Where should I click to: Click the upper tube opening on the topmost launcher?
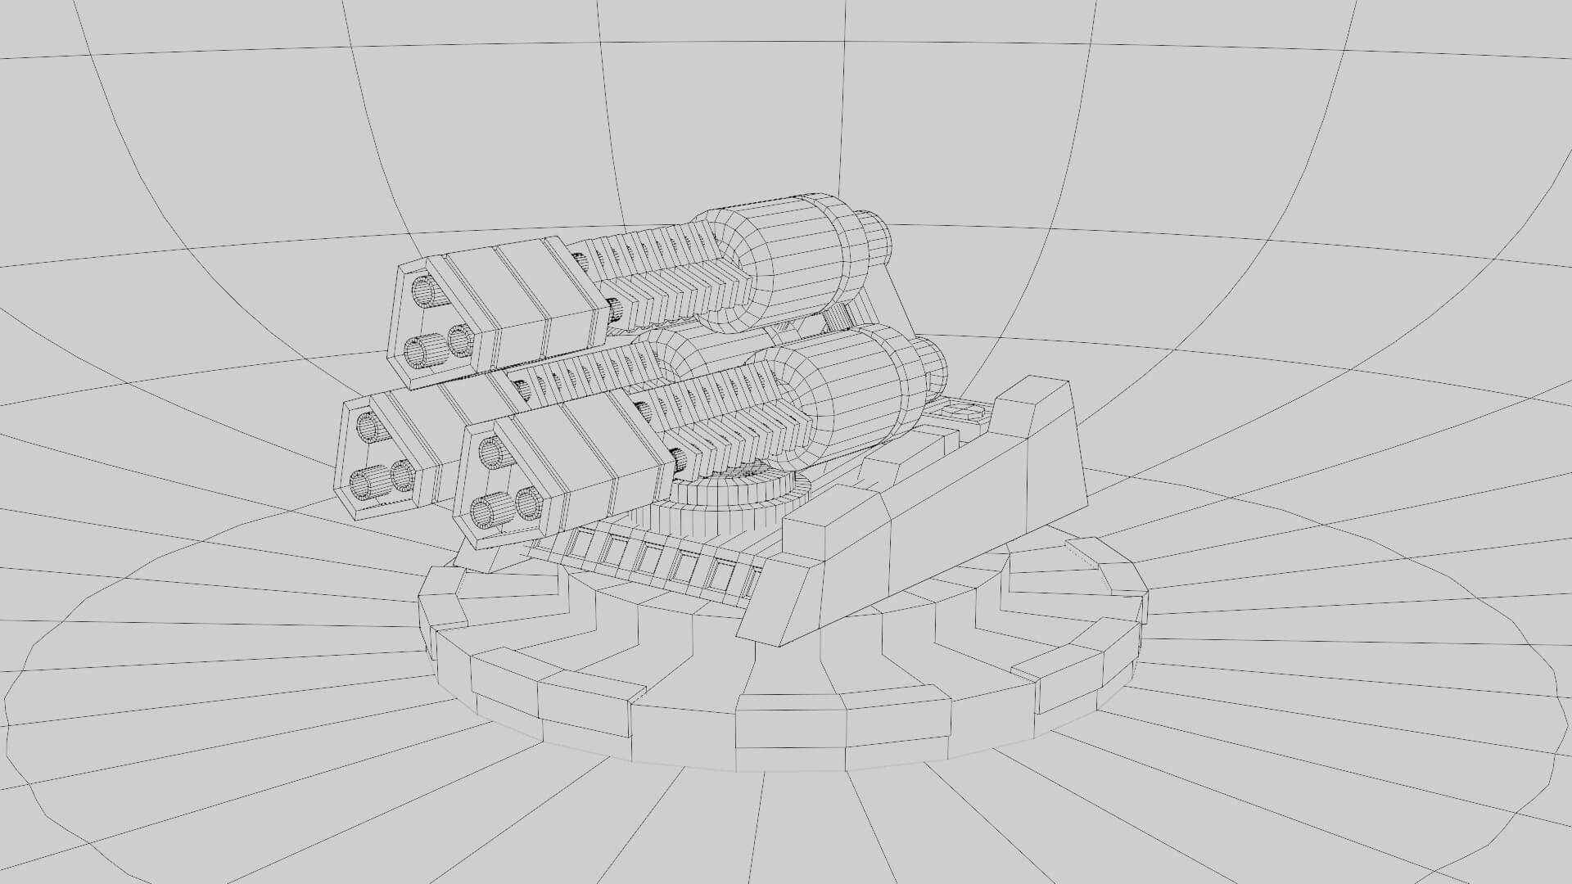[424, 290]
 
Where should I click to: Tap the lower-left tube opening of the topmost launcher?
[421, 352]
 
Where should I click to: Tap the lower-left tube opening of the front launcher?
[490, 512]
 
